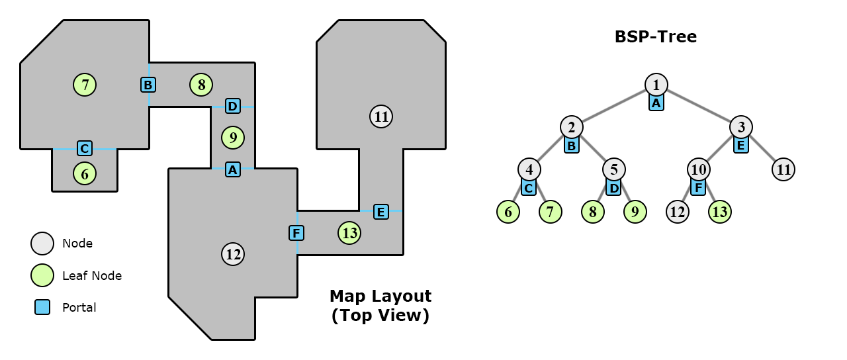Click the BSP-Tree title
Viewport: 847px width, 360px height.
click(x=655, y=37)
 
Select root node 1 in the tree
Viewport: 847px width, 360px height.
click(x=656, y=85)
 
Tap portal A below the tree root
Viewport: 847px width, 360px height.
click(x=656, y=103)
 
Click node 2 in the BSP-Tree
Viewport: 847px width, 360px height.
click(x=571, y=127)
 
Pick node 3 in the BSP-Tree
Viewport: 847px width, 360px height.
click(x=741, y=127)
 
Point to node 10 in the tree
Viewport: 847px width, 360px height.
click(x=699, y=169)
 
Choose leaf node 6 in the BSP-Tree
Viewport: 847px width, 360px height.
click(x=508, y=212)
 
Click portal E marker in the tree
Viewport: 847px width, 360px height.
click(x=741, y=146)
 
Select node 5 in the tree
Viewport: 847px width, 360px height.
click(x=613, y=169)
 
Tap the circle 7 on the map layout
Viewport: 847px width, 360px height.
click(x=85, y=85)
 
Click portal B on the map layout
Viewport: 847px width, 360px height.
click(x=148, y=85)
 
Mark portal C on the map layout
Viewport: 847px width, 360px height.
click(x=84, y=148)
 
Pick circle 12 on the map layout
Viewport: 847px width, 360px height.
click(x=233, y=254)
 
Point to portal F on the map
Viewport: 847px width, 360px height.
click(x=296, y=233)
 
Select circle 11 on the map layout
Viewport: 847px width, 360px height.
click(x=381, y=117)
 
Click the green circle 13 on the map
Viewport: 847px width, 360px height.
click(x=349, y=233)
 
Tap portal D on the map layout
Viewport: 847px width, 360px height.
click(x=232, y=106)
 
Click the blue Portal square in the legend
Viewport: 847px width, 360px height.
click(x=42, y=307)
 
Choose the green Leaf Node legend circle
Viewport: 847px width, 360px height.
click(x=42, y=275)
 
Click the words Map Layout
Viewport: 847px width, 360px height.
click(x=380, y=296)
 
